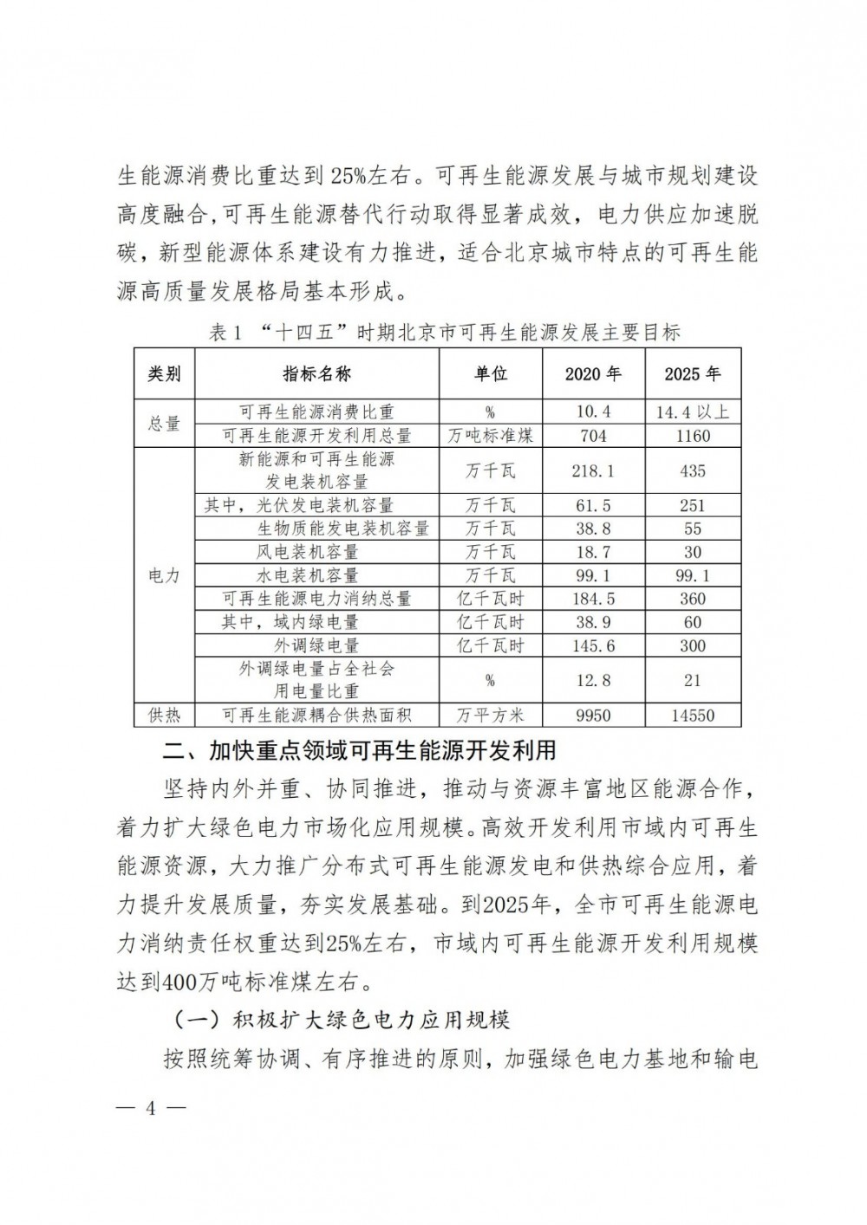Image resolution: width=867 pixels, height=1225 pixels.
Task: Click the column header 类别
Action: click(164, 374)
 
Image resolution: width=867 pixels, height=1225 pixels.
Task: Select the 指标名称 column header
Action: click(316, 374)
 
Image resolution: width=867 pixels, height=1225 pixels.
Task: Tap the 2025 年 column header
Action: click(693, 374)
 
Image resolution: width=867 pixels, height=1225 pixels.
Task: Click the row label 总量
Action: click(164, 423)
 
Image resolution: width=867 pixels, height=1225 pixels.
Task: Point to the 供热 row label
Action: click(164, 715)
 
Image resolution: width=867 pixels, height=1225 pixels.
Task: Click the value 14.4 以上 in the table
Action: click(693, 412)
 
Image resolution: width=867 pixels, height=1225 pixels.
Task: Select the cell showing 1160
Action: click(693, 436)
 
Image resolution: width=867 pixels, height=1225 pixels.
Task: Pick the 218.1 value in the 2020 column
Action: click(593, 470)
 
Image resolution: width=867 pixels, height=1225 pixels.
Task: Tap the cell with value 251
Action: click(693, 505)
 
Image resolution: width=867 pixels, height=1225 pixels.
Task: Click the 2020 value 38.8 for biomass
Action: click(593, 528)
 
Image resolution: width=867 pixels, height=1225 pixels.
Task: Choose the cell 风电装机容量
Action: click(316, 552)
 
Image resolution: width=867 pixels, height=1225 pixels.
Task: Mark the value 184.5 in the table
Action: click(593, 599)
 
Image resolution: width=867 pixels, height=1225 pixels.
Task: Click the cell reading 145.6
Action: click(593, 645)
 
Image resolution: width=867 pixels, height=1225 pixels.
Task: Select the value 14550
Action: click(693, 715)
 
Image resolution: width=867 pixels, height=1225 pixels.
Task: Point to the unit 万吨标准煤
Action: click(490, 436)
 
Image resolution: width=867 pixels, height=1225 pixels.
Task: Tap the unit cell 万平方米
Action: click(490, 715)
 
